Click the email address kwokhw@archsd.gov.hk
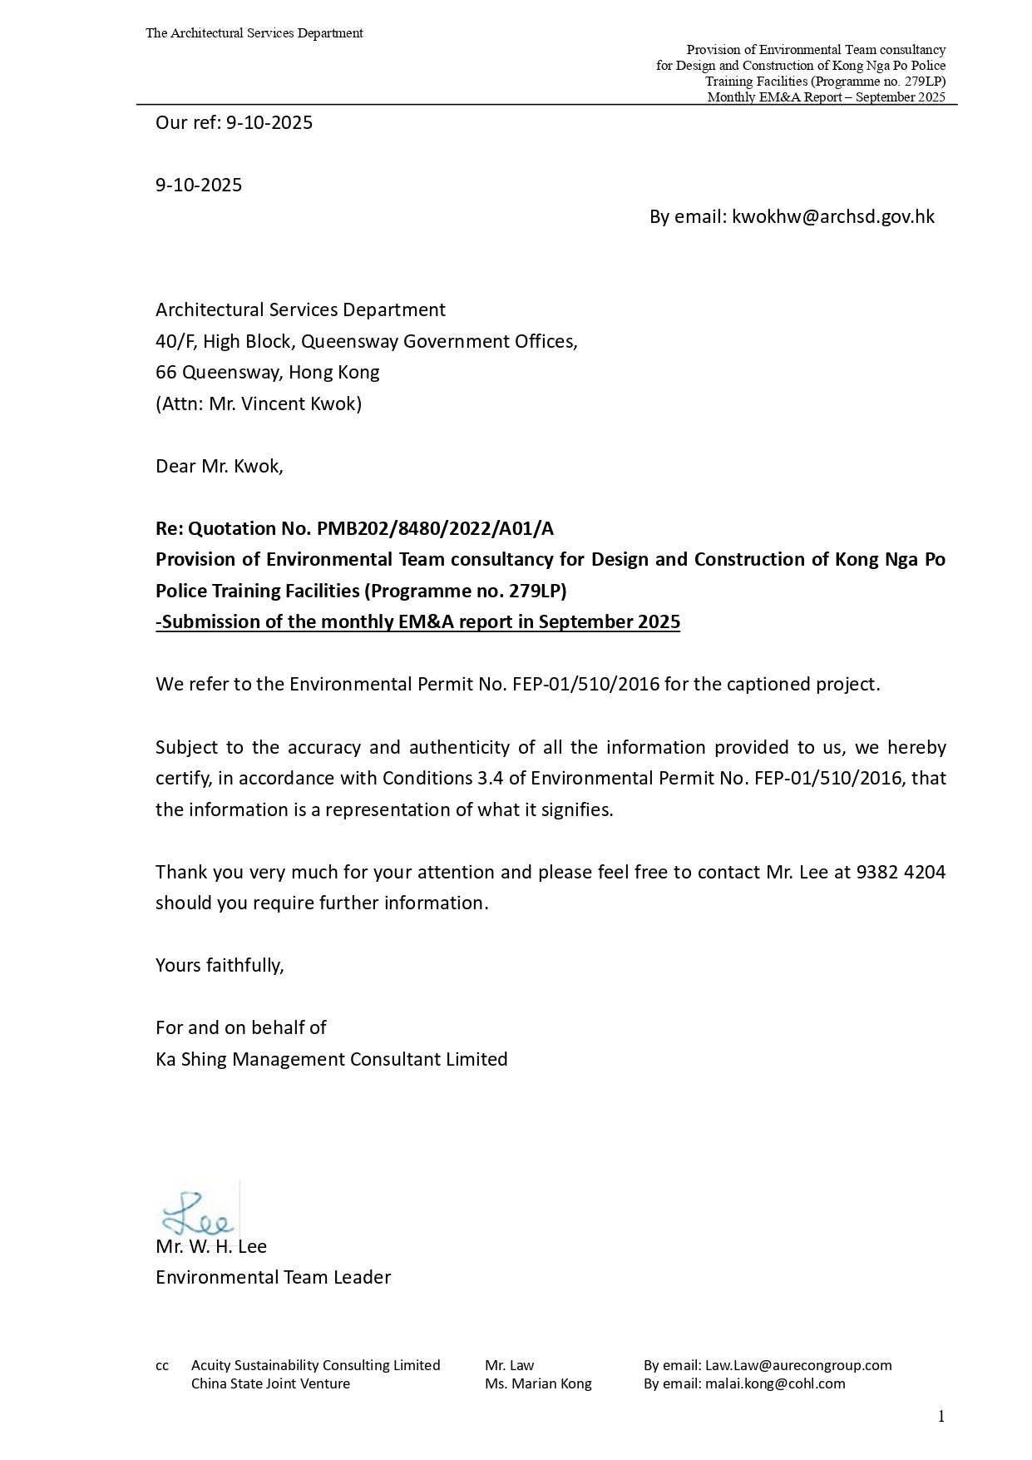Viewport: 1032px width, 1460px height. [832, 217]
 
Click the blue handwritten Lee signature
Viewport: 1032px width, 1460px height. [196, 1214]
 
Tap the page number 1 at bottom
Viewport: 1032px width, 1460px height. [941, 1417]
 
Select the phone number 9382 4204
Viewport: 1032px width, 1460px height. [901, 872]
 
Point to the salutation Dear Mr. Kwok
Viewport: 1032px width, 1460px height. [220, 466]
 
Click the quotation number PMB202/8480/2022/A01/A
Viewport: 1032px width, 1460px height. [435, 528]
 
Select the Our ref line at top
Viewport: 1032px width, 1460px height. [234, 123]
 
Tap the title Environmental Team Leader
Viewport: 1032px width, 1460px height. [273, 1277]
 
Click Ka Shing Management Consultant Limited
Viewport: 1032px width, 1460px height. [331, 1059]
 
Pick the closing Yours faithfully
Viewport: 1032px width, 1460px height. [220, 965]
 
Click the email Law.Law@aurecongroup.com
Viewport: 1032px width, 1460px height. [797, 1365]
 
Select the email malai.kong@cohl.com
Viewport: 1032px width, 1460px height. [774, 1383]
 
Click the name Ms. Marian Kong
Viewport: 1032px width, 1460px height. [538, 1383]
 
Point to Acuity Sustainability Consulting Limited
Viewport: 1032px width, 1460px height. [315, 1365]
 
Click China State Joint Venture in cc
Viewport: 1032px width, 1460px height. [270, 1383]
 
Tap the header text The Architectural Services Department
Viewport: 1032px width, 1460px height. [254, 33]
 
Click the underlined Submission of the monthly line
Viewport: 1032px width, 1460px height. [417, 622]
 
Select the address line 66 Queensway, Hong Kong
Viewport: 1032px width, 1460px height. [267, 373]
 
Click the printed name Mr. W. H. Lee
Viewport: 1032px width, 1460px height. [211, 1246]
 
